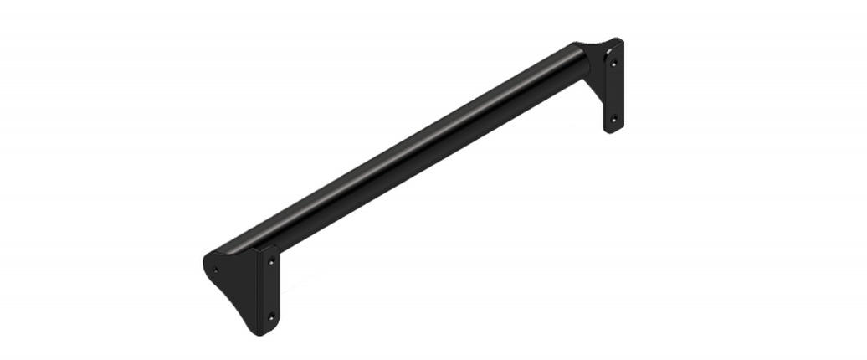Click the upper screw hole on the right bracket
614,62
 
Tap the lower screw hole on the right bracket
613,120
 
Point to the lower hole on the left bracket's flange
270,316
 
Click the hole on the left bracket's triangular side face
216,270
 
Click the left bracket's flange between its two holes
270,290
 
